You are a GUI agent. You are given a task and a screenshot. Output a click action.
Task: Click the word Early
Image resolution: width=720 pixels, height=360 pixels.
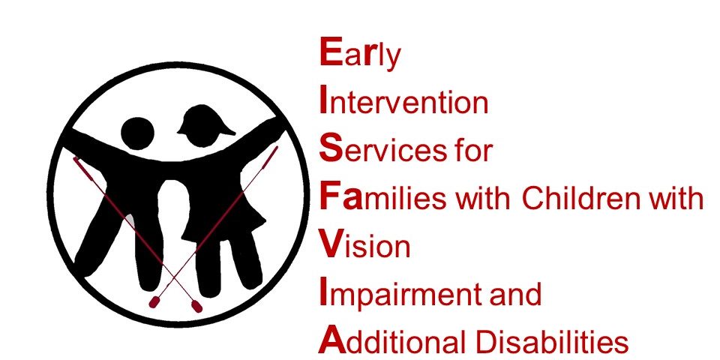(x=359, y=54)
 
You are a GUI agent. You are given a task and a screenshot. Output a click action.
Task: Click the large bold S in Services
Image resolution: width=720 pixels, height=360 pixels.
(x=331, y=148)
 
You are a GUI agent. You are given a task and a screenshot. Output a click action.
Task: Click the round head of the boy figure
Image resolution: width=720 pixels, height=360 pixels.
(x=137, y=133)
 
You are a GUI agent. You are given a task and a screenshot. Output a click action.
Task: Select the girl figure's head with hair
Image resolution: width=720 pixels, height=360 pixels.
(x=204, y=126)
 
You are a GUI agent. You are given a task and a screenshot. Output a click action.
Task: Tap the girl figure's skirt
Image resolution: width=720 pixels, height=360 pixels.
(x=223, y=216)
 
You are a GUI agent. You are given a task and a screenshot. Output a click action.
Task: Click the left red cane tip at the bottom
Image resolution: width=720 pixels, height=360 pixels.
(x=154, y=301)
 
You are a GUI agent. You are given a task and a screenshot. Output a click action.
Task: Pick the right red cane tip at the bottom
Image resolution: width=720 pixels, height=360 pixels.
(x=197, y=306)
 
